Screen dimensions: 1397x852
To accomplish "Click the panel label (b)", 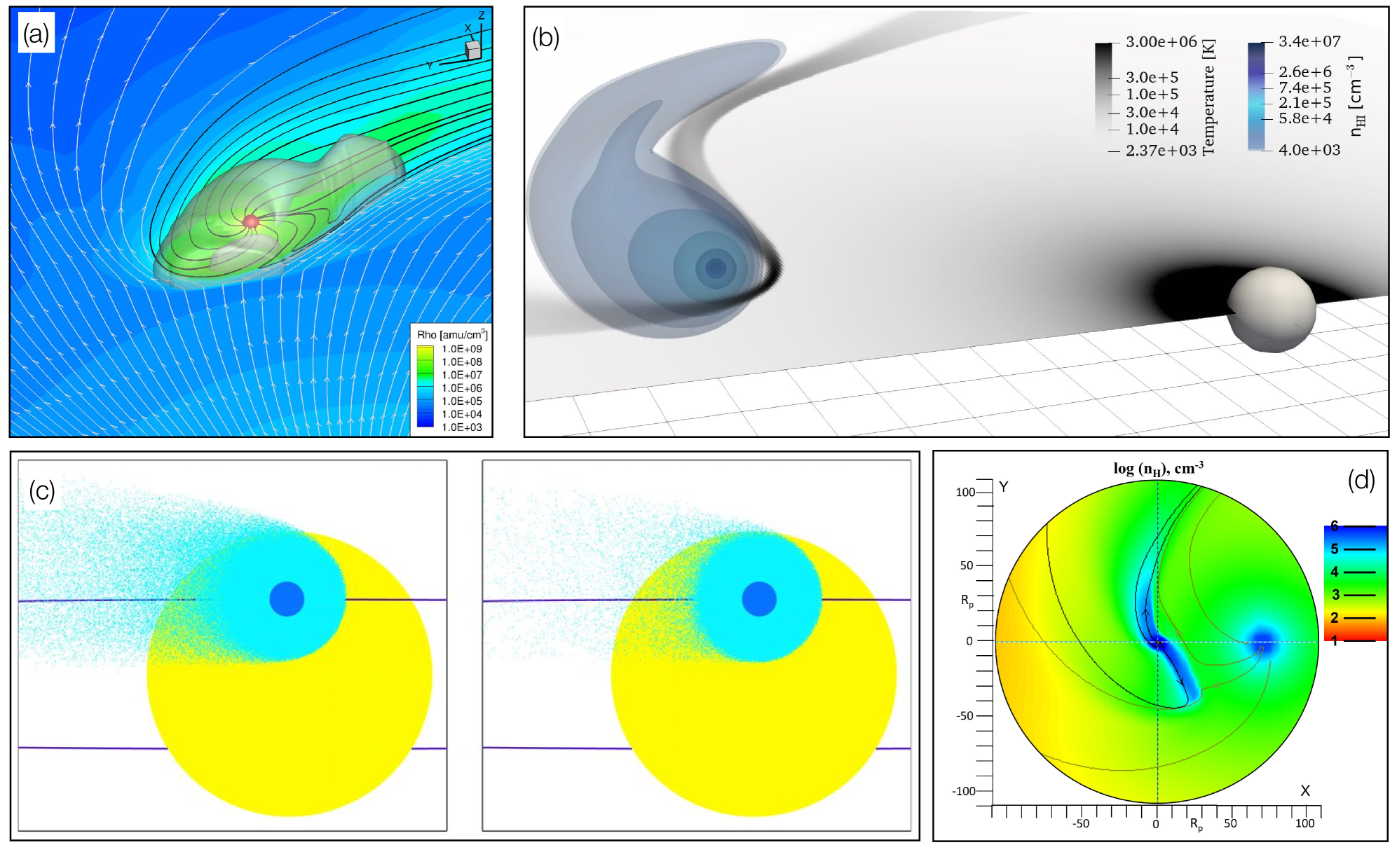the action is click(545, 37).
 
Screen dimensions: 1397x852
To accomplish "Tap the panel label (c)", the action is click(42, 490).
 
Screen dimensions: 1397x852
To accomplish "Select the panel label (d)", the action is click(1361, 480).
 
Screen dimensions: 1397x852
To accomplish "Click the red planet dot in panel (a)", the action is click(251, 222).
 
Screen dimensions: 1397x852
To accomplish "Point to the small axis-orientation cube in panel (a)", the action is click(474, 50).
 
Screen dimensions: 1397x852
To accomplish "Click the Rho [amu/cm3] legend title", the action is click(452, 334).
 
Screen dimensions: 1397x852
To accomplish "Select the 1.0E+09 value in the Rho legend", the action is click(462, 349).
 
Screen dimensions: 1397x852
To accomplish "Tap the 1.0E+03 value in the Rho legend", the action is click(462, 427).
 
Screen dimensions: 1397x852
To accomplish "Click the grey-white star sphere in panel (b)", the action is click(1272, 309).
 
